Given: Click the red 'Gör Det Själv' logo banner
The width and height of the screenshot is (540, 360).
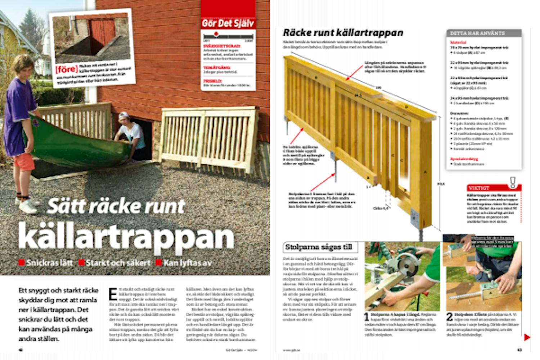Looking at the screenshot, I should [228, 23].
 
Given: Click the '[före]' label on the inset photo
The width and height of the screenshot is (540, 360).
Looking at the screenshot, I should [66, 68].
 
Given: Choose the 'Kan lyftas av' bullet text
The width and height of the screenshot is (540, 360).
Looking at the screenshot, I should [187, 263].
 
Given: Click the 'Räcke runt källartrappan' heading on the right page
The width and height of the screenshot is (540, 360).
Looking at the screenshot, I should [343, 33].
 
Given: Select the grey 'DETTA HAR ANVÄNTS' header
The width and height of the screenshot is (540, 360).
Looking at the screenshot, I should [477, 33].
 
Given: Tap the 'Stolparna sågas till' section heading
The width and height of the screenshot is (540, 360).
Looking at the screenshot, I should [319, 247].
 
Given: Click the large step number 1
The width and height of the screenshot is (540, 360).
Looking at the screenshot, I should [366, 317].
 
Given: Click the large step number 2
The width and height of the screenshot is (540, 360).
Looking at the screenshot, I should [450, 317].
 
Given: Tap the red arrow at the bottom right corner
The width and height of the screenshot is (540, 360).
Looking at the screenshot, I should [527, 337].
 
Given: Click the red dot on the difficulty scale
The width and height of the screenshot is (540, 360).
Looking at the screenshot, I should [216, 34].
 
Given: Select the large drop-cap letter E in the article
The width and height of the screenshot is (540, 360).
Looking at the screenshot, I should [113, 294].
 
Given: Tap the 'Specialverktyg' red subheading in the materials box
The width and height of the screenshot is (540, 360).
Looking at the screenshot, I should [464, 159].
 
